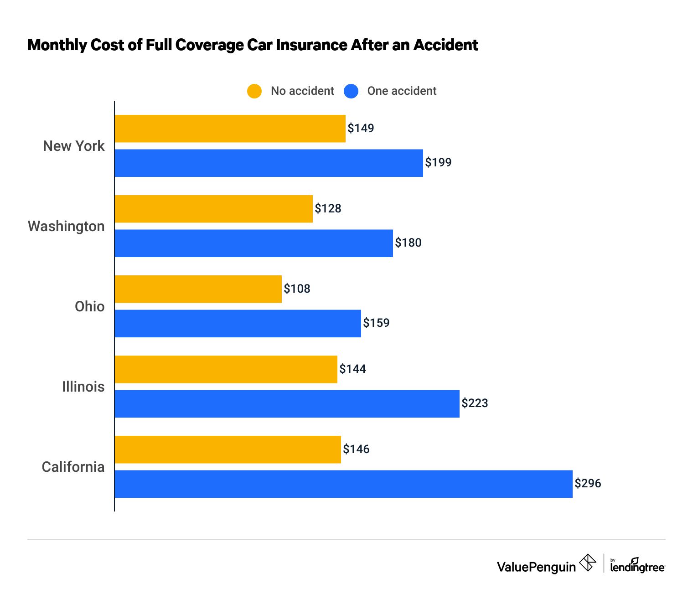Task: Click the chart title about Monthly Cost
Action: [x=253, y=45]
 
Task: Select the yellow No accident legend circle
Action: [x=254, y=91]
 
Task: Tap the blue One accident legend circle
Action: [x=351, y=91]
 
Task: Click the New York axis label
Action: [x=73, y=146]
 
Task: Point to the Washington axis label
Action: [x=66, y=226]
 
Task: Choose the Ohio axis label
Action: [x=89, y=306]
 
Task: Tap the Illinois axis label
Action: [x=83, y=387]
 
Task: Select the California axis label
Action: [x=73, y=467]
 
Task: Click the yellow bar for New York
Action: [x=230, y=129]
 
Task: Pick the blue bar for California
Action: [x=343, y=484]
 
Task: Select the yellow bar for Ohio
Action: [x=198, y=289]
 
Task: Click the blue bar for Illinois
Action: [x=287, y=403]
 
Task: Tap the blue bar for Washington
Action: [x=253, y=243]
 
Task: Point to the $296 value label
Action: [x=588, y=483]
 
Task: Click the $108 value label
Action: [x=297, y=289]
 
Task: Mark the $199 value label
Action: [x=438, y=162]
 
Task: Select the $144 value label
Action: [x=352, y=369]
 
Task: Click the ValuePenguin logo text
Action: [x=536, y=567]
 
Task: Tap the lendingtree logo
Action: [x=637, y=566]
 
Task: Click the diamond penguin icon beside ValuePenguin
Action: [x=588, y=563]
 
